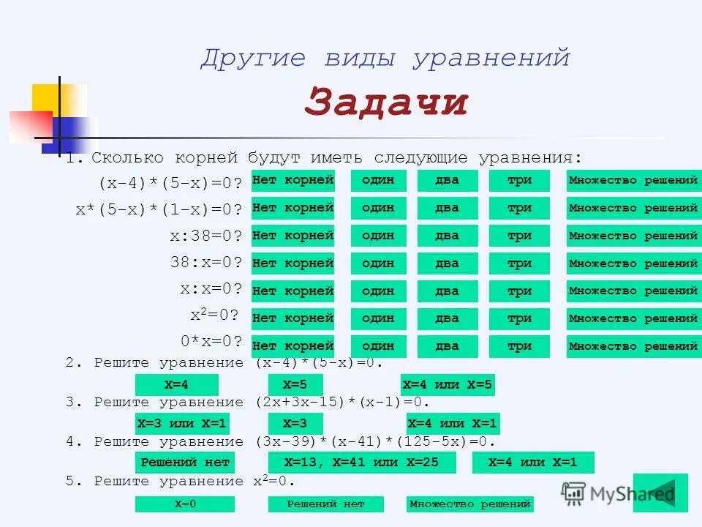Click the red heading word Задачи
385,102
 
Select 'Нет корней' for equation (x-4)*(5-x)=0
292,181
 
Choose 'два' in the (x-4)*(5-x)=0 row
447,181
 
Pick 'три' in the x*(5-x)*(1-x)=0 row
519,209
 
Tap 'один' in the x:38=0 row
377,236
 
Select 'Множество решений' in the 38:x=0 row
633,263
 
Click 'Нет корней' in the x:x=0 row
292,291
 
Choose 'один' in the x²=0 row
377,319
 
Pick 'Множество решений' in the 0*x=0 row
633,346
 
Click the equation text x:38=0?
205,236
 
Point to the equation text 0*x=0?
211,341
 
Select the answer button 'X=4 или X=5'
448,384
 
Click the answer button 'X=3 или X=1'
182,424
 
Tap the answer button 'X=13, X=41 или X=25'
362,463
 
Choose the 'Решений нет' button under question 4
185,463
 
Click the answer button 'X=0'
185,504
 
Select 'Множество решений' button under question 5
469,504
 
